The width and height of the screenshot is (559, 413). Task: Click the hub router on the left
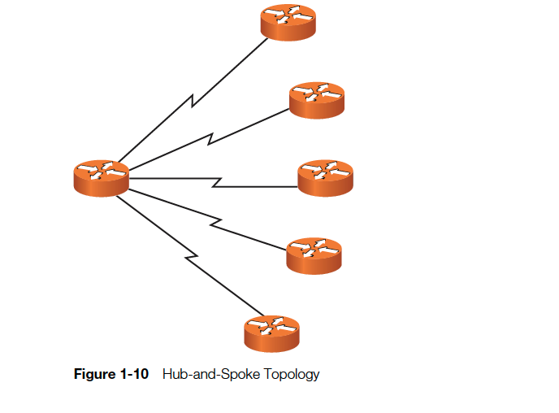point(101,177)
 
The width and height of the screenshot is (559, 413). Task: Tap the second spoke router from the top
point(317,100)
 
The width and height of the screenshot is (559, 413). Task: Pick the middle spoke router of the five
point(325,177)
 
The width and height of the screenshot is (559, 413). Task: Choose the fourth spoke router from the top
point(314,254)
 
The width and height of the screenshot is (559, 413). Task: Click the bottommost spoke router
point(271,332)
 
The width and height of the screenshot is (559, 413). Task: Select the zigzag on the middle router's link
point(217,182)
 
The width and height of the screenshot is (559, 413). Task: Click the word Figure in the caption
point(93,375)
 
